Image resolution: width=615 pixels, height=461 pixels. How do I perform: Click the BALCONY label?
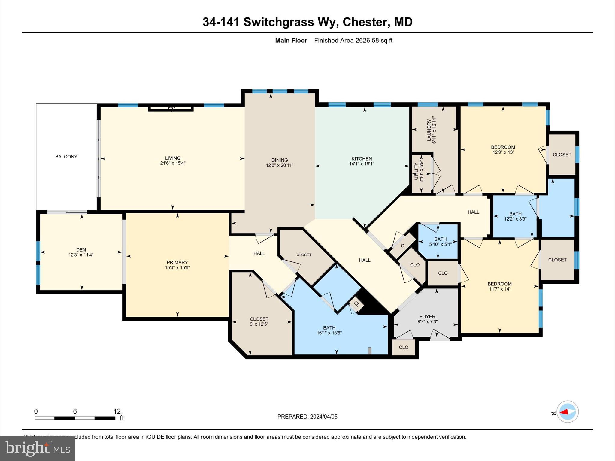point(66,157)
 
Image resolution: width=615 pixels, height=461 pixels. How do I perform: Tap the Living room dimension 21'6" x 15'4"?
point(173,163)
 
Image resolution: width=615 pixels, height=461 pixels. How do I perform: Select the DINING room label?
point(279,160)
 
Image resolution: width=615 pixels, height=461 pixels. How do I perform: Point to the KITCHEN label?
point(362,159)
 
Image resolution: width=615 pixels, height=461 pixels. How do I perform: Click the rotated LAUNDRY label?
point(429,130)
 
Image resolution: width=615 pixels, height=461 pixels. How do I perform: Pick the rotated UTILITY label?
point(417,172)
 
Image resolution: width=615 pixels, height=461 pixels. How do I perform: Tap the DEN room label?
point(81,250)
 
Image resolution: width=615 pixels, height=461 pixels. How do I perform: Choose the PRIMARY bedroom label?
point(177,262)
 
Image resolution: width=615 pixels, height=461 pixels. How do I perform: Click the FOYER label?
point(427,316)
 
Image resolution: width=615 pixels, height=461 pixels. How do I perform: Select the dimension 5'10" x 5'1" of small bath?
point(440,244)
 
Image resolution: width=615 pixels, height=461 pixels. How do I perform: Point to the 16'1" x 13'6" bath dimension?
point(329,333)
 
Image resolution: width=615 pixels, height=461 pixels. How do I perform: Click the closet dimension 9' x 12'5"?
point(259,324)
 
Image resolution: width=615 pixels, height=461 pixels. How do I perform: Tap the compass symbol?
point(567,412)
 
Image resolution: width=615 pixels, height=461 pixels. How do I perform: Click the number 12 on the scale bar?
point(117,411)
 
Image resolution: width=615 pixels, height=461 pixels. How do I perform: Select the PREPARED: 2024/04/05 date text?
point(307,417)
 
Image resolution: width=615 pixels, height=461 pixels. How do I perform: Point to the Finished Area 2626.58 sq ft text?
point(353,41)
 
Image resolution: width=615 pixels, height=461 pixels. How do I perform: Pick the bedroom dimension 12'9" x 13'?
point(503,152)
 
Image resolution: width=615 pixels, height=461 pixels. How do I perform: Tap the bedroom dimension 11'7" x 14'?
point(499,289)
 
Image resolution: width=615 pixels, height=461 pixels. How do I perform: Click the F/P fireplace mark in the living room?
point(171,108)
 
